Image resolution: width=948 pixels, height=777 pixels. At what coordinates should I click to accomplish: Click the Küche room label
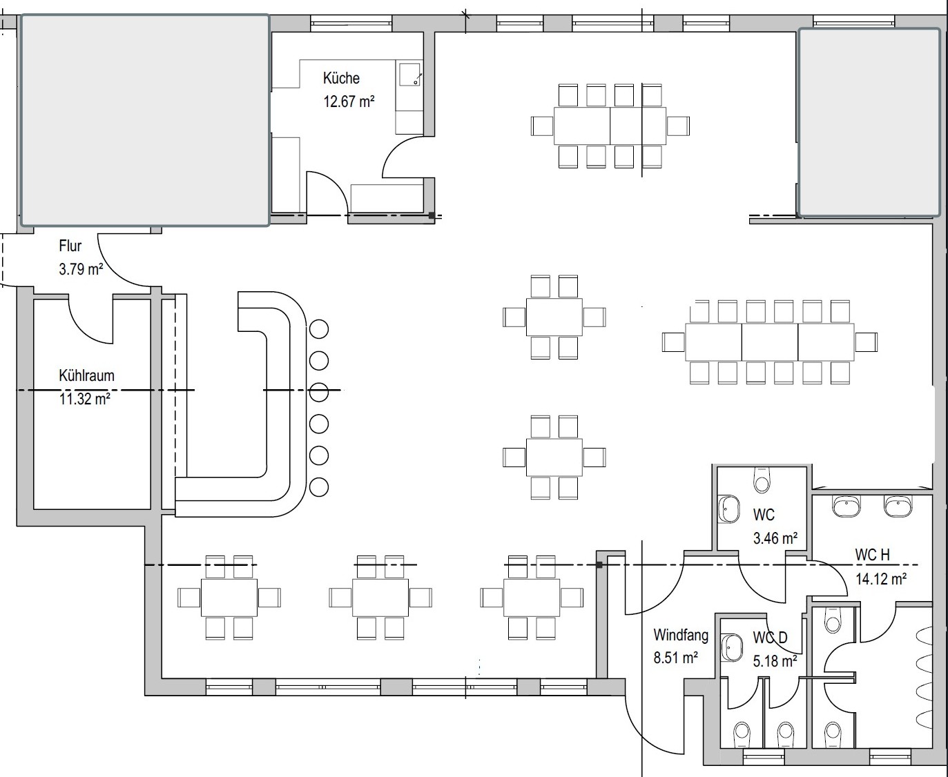click(x=341, y=78)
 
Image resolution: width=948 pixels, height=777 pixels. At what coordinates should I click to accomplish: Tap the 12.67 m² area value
click(x=349, y=101)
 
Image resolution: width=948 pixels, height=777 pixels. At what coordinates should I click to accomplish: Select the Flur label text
click(x=70, y=246)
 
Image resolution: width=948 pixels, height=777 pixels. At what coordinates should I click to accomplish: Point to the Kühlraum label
click(x=86, y=375)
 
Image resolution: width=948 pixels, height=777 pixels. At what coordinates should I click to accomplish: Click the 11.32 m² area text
click(x=84, y=398)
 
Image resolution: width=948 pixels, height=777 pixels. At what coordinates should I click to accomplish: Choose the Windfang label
click(x=681, y=635)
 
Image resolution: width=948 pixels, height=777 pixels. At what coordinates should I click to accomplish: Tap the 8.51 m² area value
click(x=675, y=658)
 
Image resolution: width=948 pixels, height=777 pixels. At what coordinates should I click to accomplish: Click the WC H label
click(x=872, y=555)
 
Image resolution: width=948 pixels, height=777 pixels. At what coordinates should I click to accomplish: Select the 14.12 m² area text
click(x=880, y=579)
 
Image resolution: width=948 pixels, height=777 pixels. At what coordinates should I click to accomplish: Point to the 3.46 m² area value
click(x=775, y=538)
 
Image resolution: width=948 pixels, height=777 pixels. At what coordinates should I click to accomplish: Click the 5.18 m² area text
click(x=775, y=661)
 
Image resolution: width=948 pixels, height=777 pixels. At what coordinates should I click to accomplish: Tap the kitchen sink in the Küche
click(x=410, y=75)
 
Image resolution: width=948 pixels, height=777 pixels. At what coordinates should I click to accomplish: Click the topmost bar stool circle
click(x=319, y=329)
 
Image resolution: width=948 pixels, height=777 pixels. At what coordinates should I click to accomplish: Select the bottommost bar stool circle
click(x=319, y=487)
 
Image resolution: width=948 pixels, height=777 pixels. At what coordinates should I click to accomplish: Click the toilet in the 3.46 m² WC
click(x=762, y=480)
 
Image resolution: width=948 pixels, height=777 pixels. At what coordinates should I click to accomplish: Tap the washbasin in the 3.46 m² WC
click(x=728, y=509)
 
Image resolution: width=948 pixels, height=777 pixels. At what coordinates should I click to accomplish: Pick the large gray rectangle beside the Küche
click(x=145, y=120)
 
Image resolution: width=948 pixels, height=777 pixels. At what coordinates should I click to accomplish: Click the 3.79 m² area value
click(x=81, y=269)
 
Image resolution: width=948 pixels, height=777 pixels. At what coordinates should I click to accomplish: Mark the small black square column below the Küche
click(x=432, y=215)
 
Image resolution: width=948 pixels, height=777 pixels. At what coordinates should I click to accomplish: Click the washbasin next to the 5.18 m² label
click(x=731, y=648)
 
